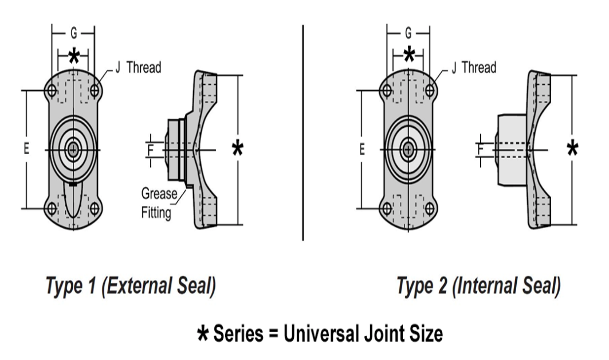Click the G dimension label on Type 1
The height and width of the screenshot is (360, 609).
[x=73, y=34]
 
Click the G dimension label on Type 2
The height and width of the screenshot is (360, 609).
[x=408, y=34]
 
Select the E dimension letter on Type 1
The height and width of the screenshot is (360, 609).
[x=26, y=148]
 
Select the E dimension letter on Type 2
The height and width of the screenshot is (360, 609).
[x=362, y=148]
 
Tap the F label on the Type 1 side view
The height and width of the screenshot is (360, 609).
[x=151, y=150]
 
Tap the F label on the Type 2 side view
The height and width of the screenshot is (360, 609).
[x=481, y=150]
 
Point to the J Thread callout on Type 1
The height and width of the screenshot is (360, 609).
[x=138, y=68]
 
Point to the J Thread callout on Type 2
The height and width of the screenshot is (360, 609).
[x=474, y=68]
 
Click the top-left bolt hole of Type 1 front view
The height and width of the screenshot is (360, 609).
[x=52, y=91]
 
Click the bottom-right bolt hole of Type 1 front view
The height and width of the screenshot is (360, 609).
[x=95, y=209]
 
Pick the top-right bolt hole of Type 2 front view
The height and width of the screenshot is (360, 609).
[x=429, y=91]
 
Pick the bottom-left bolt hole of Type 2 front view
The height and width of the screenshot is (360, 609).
[x=387, y=209]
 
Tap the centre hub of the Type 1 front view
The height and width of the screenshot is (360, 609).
[x=73, y=149]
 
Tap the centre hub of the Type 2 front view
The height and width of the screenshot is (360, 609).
[x=408, y=149]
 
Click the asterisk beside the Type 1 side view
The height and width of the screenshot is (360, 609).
[x=237, y=148]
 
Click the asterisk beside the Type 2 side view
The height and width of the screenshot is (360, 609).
[x=572, y=148]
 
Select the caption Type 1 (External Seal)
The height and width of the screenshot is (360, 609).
[x=131, y=285]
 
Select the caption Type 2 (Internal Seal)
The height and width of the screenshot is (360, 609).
[x=478, y=285]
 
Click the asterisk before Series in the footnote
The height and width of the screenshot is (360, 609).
[x=203, y=333]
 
